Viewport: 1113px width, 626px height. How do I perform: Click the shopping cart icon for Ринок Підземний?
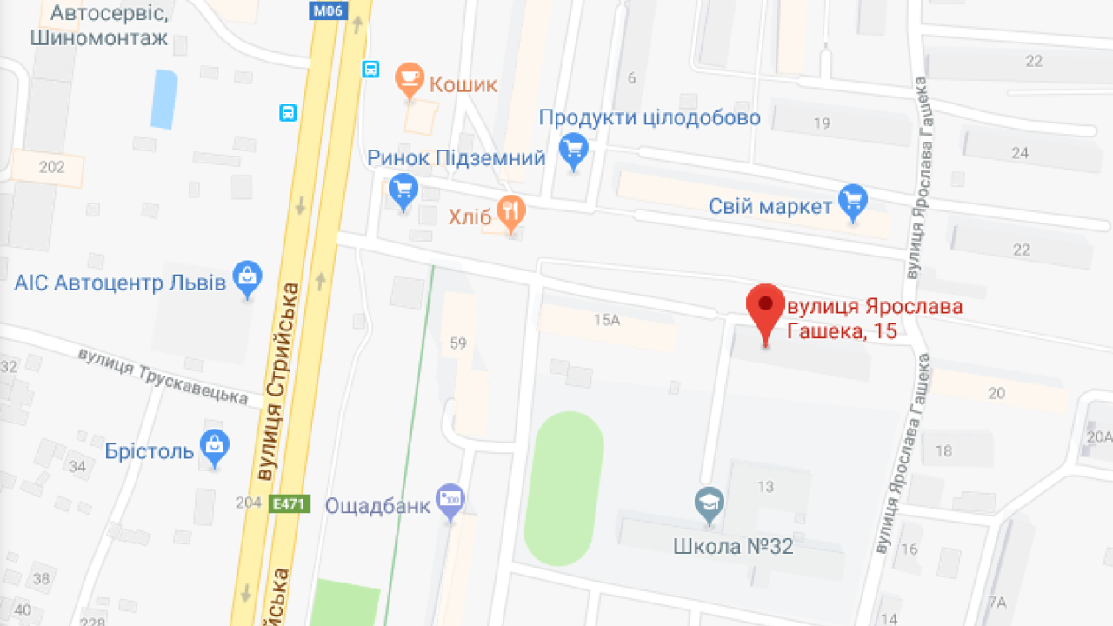[403, 190]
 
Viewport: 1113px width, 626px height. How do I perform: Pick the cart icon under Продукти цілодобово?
[573, 150]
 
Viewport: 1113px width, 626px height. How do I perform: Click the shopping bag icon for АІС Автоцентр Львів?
[248, 277]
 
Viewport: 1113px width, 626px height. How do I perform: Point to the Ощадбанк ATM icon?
[450, 500]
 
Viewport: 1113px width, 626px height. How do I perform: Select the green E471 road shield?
[290, 503]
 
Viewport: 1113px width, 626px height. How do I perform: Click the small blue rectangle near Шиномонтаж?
[163, 98]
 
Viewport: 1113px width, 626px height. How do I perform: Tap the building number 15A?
[606, 319]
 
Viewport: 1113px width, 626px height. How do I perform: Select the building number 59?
[458, 343]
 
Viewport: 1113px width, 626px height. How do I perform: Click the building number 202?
[52, 167]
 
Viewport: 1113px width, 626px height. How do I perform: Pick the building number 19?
[822, 123]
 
